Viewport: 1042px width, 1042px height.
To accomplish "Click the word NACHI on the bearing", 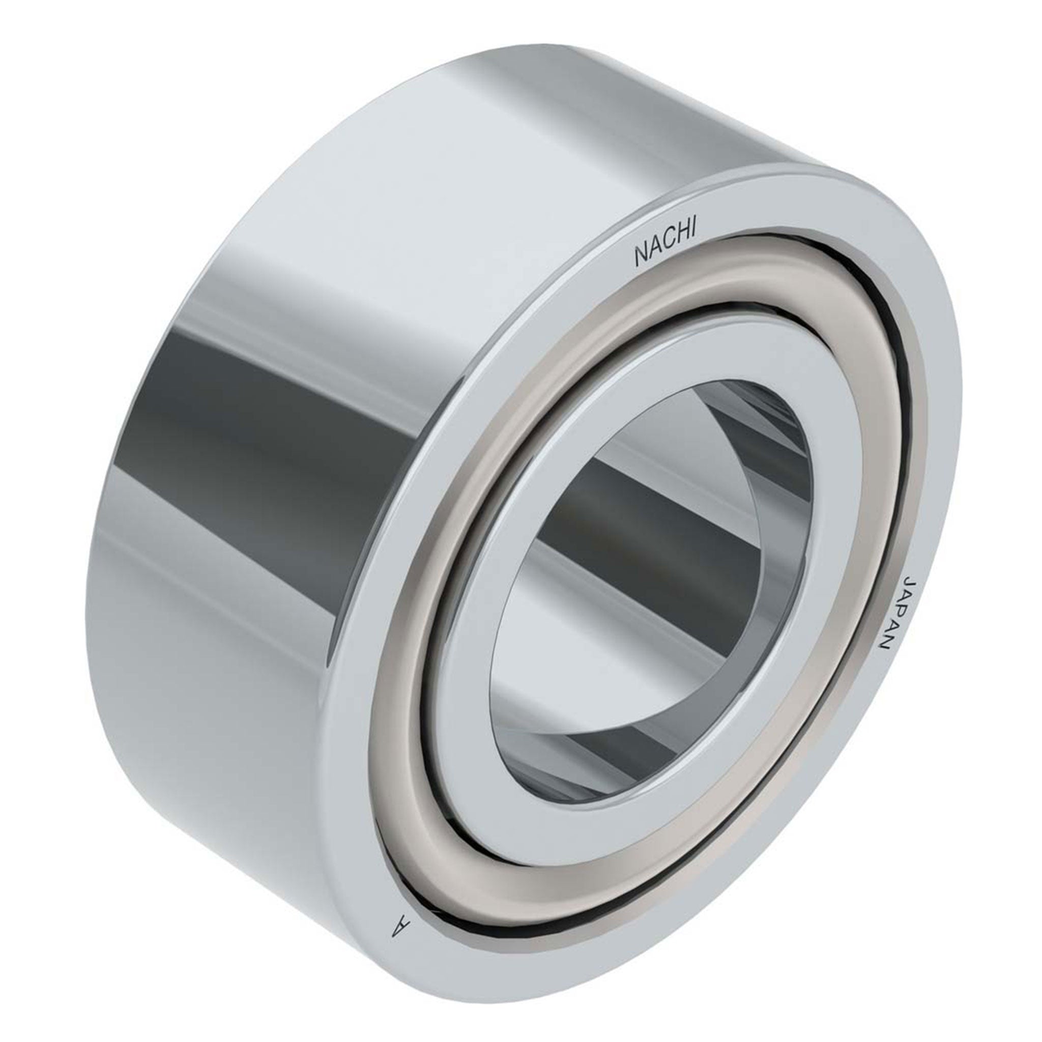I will pyautogui.click(x=667, y=248).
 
